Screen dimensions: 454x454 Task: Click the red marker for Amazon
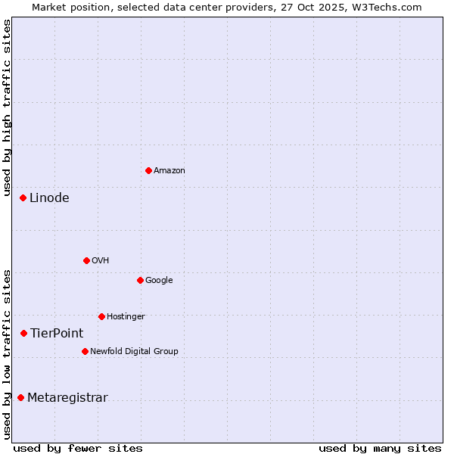[148, 170]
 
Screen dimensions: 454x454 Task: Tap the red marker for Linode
[23, 197]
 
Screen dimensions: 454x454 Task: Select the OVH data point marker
[86, 260]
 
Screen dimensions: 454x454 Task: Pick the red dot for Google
[140, 280]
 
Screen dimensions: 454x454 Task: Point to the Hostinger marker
[101, 316]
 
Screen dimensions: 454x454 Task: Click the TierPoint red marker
[23, 333]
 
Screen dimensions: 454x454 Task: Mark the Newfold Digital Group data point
[85, 351]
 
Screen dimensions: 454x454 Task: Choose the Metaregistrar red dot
[20, 397]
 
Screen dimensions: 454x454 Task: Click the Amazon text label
[169, 171]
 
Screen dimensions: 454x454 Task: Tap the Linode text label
[49, 198]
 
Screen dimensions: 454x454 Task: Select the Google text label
[159, 281]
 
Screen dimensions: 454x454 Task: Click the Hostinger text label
[126, 317]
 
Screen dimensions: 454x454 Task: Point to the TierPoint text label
[57, 334]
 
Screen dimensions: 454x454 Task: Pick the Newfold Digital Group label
[134, 352]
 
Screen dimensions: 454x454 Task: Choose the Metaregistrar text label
[67, 398]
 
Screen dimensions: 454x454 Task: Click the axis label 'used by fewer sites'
[78, 448]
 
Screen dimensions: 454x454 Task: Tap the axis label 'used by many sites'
[380, 448]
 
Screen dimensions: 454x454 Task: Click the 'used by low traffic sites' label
[7, 354]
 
